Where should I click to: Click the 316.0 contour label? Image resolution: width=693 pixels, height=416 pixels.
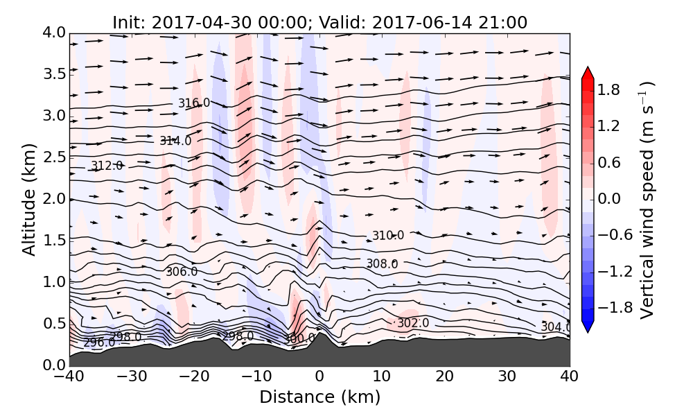click(194, 103)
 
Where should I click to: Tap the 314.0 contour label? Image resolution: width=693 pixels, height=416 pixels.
click(175, 141)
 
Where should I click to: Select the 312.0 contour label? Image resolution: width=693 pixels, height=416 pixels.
click(107, 166)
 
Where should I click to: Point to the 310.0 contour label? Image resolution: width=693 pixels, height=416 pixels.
click(388, 236)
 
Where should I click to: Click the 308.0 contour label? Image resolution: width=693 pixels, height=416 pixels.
click(382, 263)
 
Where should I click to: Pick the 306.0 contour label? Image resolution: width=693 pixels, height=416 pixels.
click(182, 272)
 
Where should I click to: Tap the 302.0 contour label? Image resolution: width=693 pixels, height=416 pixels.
click(413, 323)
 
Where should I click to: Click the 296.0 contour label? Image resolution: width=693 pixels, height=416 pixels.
click(99, 343)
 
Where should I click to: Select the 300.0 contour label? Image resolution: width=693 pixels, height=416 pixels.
click(299, 338)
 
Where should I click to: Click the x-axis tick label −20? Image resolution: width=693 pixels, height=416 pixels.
click(194, 377)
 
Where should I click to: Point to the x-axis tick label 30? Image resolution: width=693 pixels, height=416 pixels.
click(507, 377)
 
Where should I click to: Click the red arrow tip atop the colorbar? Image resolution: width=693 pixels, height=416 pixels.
click(588, 72)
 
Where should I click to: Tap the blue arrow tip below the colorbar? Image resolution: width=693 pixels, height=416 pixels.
click(588, 327)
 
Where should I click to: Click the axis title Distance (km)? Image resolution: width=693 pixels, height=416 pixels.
click(319, 397)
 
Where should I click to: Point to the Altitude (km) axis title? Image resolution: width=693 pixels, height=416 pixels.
click(28, 199)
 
